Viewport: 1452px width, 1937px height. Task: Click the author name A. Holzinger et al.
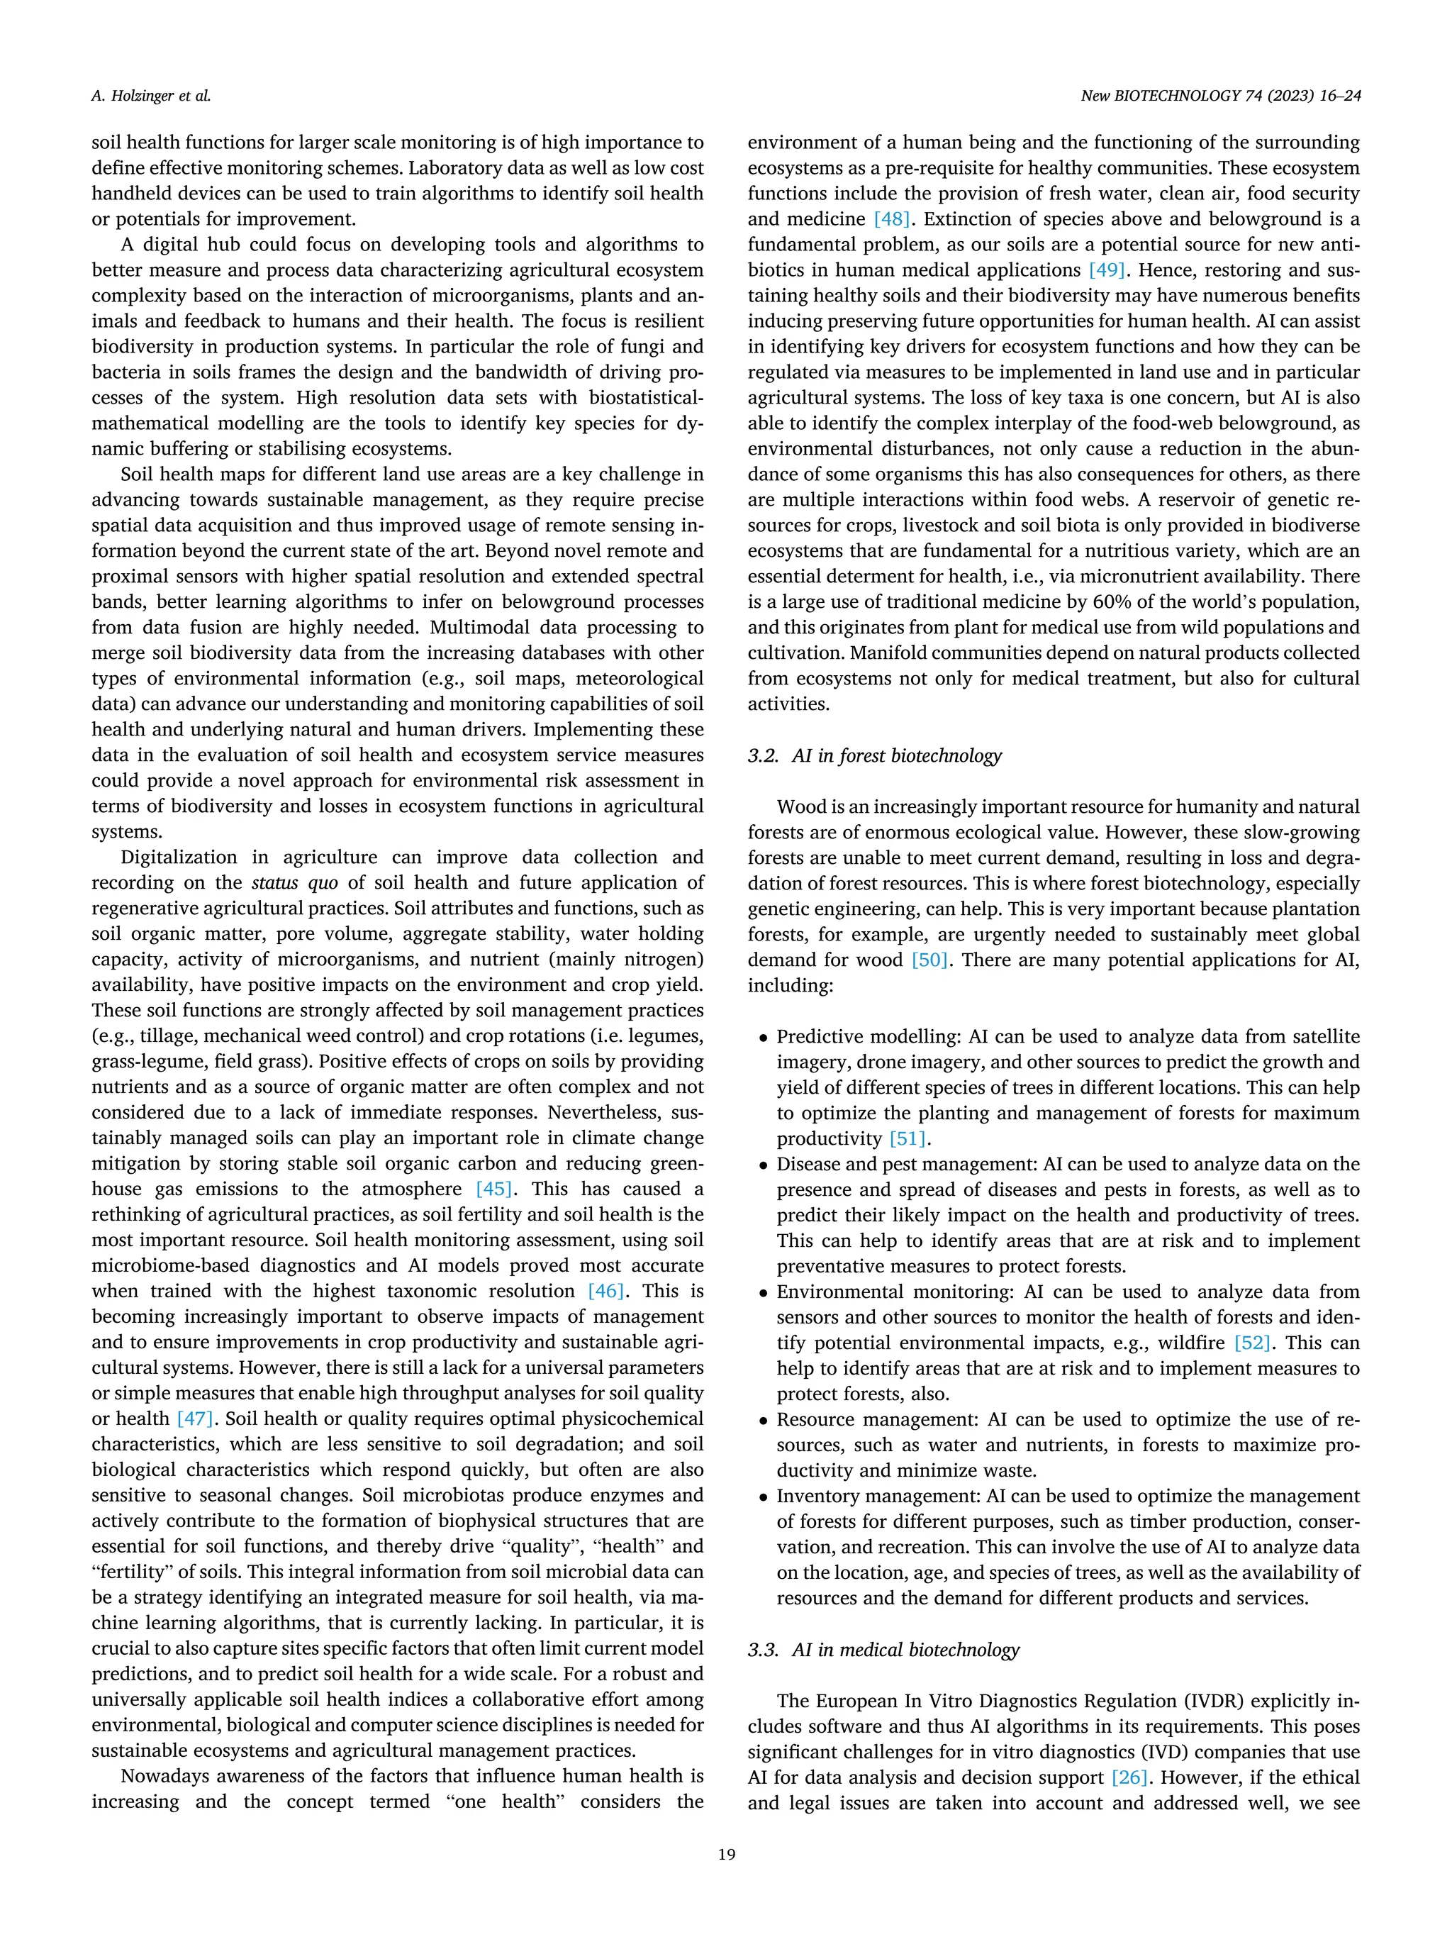tap(150, 96)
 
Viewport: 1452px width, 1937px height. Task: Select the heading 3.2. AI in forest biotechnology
tap(874, 755)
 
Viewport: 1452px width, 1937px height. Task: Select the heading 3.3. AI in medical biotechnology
tap(883, 1649)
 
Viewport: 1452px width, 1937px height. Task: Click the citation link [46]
tap(605, 1291)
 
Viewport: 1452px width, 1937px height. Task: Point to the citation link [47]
tap(194, 1419)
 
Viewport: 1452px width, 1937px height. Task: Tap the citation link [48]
tap(892, 219)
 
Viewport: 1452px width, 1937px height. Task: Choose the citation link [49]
tap(1106, 270)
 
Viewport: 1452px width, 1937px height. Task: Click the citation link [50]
tap(929, 960)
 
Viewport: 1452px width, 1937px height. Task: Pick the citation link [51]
tap(907, 1138)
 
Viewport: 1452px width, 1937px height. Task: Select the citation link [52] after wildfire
tap(1253, 1343)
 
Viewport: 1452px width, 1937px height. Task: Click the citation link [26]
tap(1129, 1777)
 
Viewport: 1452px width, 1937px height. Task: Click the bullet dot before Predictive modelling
tap(763, 1038)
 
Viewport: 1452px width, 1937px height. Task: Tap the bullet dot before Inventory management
tap(763, 1497)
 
